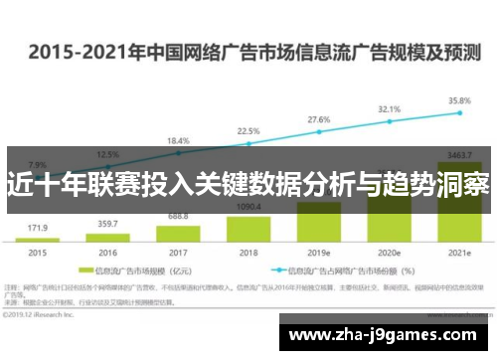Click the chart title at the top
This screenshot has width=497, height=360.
click(248, 51)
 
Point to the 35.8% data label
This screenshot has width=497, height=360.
click(459, 100)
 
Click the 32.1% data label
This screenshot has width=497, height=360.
click(389, 108)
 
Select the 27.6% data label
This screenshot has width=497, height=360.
click(318, 119)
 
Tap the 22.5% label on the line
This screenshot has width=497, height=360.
click(248, 131)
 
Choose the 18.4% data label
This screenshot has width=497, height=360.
click(177, 140)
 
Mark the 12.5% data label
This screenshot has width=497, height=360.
click(106, 154)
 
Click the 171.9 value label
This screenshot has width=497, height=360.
click(36, 228)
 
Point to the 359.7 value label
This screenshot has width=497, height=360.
click(106, 224)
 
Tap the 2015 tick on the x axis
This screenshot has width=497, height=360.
click(36, 253)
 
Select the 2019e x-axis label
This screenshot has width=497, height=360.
click(318, 253)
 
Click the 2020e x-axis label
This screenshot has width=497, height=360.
click(389, 253)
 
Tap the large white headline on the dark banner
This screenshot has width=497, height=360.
click(248, 184)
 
